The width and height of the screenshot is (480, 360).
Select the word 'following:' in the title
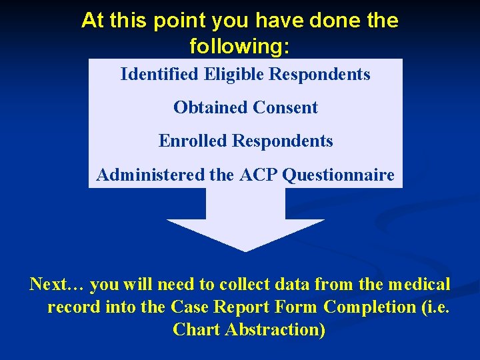(x=240, y=47)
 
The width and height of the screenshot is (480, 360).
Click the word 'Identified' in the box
(x=159, y=74)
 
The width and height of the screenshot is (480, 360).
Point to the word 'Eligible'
(x=233, y=74)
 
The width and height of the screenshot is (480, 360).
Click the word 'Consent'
(x=286, y=107)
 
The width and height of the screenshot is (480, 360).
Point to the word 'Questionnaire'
(x=339, y=175)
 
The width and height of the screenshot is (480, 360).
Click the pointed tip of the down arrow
(x=245, y=250)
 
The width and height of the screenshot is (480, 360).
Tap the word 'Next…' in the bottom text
(x=57, y=285)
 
